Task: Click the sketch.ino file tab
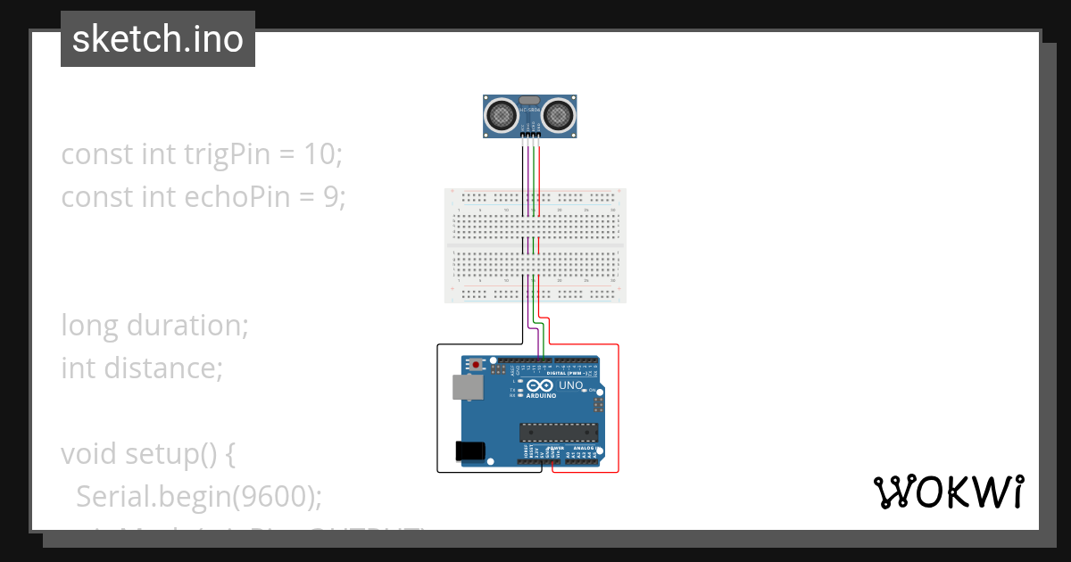[158, 39]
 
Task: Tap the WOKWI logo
[948, 492]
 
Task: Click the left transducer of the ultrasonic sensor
[502, 114]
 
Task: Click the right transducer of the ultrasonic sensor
[559, 114]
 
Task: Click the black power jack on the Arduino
[469, 451]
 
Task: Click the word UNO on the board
[570, 385]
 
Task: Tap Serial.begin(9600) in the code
[198, 496]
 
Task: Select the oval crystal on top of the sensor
[530, 100]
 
